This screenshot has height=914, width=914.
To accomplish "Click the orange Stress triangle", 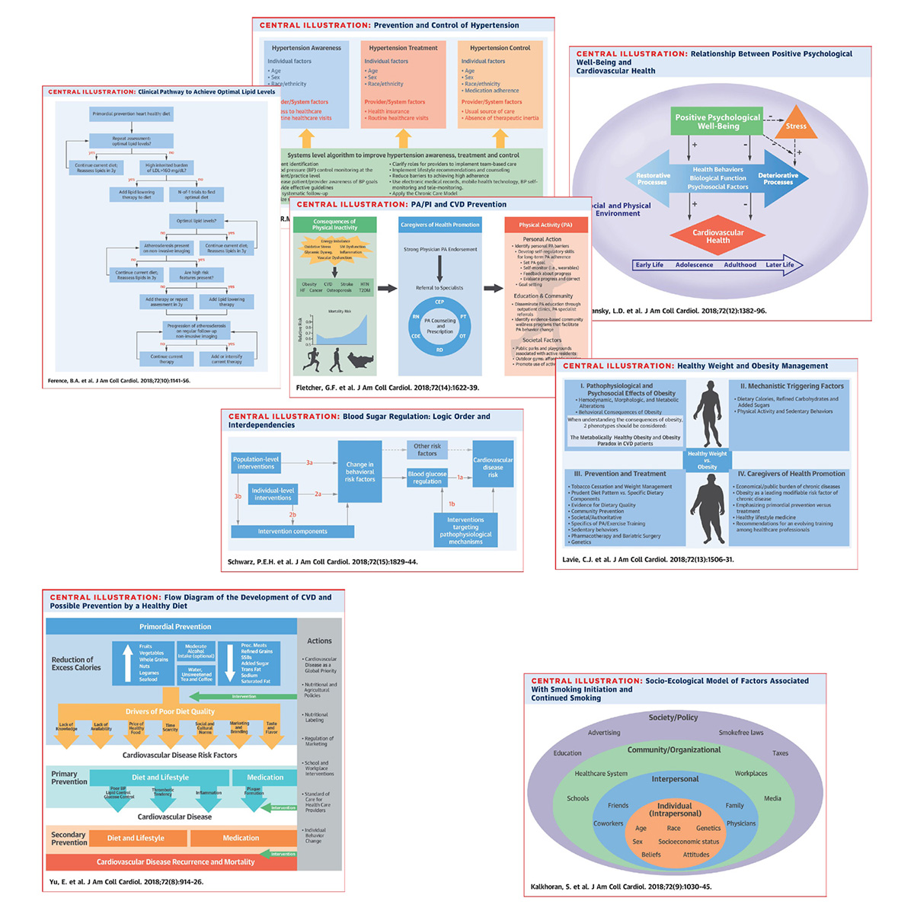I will [796, 125].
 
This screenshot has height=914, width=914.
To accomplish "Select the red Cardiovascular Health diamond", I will [717, 236].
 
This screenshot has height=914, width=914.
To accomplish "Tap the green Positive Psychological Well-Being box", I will [717, 121].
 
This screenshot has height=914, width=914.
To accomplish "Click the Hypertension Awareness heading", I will [306, 48].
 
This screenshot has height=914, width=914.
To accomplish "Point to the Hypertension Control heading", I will [500, 48].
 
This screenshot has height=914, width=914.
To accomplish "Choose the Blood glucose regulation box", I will [427, 478].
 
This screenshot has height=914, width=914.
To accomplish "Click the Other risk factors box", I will [427, 450].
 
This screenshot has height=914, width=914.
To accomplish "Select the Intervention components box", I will [292, 532].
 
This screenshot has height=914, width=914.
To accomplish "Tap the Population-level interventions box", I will [256, 463].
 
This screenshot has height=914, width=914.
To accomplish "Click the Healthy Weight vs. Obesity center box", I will [707, 460].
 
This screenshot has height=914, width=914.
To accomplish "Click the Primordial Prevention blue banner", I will [175, 627].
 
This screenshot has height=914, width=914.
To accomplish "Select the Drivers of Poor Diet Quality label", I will [170, 711].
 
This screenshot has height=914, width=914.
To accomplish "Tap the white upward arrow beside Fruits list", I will [126, 663].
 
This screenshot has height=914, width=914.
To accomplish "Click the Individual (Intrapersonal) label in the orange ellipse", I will [674, 810].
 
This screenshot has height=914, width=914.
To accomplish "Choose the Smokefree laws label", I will [740, 733].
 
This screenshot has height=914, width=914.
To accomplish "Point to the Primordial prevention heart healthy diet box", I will [132, 114].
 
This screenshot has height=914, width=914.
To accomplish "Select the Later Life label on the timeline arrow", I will [779, 265].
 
